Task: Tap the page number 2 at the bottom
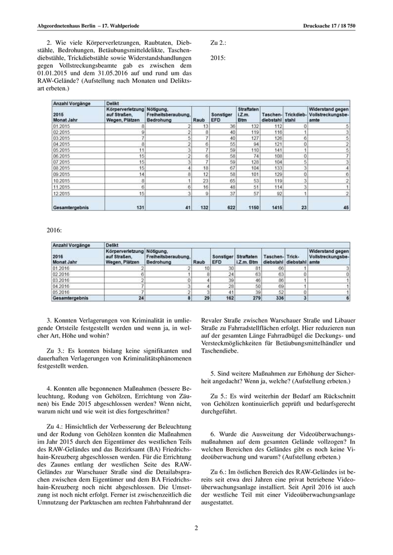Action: (x=196, y=528)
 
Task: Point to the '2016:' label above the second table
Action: (x=54, y=230)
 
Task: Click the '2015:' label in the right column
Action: (x=218, y=57)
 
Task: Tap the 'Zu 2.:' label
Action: (x=218, y=42)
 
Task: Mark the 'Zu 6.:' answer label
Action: (x=221, y=472)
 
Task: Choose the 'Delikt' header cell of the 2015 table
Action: (x=113, y=103)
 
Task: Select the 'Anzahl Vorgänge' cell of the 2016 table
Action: (x=69, y=245)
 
